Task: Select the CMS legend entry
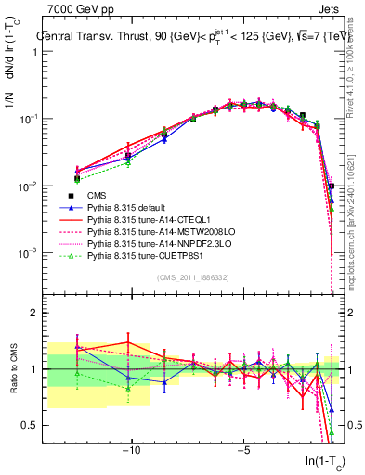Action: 98,195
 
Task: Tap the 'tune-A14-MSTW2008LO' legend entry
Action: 156,234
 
